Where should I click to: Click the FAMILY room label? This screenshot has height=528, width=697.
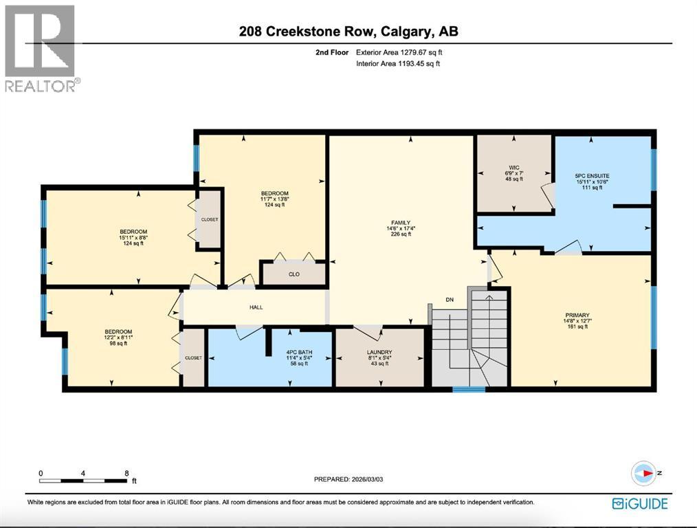[x=400, y=223]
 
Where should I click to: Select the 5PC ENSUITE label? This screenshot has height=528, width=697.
[x=592, y=176]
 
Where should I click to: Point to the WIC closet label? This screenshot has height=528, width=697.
[x=514, y=167]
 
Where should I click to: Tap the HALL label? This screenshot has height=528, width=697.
[x=256, y=307]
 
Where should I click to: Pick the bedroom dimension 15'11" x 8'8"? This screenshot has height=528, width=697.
[x=133, y=238]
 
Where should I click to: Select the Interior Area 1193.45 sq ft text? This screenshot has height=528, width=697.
[x=397, y=64]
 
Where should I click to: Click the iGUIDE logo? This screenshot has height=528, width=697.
[x=640, y=503]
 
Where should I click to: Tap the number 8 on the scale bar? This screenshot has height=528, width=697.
[x=126, y=473]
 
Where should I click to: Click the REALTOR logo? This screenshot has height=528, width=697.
[x=41, y=47]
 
